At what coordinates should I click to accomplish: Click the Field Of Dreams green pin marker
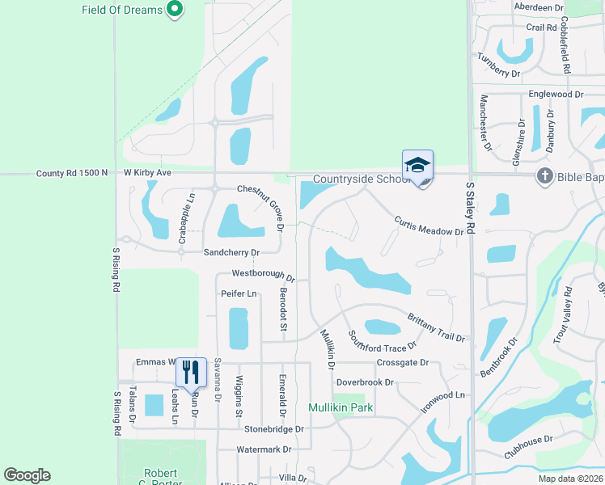point(174,10)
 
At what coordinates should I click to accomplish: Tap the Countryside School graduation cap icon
point(417,165)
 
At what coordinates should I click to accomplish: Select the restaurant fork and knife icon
point(192,372)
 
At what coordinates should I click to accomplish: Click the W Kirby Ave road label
point(148,173)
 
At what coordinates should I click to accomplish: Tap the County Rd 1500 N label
point(70,173)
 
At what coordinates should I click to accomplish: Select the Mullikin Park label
point(340,407)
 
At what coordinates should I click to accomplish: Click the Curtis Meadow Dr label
point(429,226)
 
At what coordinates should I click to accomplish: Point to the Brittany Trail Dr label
point(436,327)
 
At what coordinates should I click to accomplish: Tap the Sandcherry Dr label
point(231,252)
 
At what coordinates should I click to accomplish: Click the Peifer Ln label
point(238,293)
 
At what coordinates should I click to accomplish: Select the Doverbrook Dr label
point(365,382)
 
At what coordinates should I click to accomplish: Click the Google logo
point(27,475)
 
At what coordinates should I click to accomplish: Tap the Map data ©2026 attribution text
point(569,479)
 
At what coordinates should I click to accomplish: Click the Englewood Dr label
point(556,95)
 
